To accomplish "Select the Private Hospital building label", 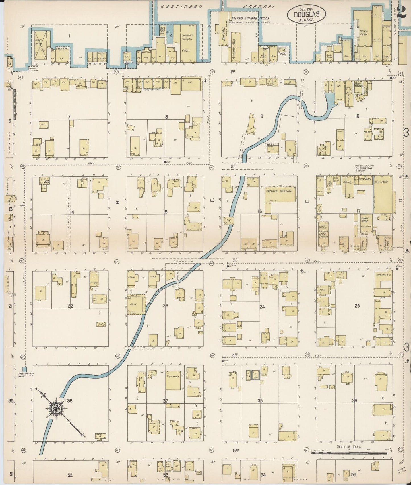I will point(278,191).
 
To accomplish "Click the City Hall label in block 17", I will point(364,179).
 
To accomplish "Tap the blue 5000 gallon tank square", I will point(24,369).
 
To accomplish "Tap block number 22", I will point(70,306).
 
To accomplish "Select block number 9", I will point(261,116).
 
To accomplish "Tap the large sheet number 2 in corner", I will point(402,13).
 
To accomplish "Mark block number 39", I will point(354,401).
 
